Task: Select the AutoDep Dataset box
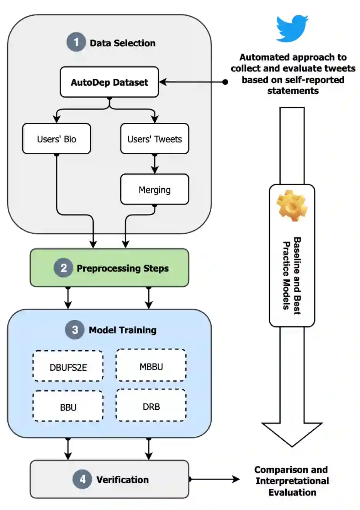109,82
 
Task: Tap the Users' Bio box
57,139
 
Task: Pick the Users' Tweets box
155,139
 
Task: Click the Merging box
155,189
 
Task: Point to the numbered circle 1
76,42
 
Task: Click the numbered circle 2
64,268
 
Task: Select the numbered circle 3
75,330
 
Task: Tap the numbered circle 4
82,479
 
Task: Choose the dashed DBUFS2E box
68,366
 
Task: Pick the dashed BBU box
68,407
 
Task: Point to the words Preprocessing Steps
123,268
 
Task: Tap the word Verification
123,480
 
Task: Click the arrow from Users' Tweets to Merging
155,164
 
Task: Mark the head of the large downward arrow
292,434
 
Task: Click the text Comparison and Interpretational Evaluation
292,481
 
